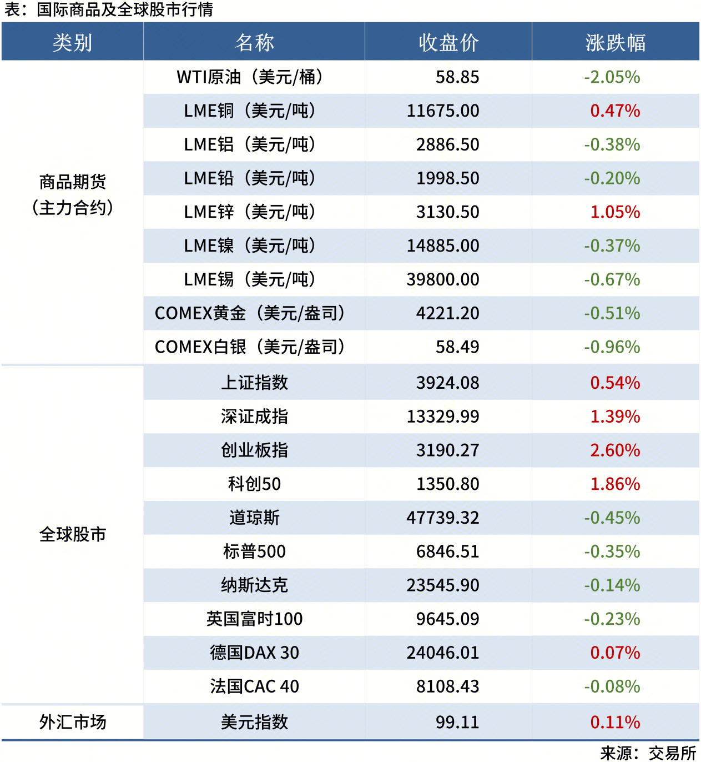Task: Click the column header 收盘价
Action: pos(448,42)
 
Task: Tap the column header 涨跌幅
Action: pos(615,42)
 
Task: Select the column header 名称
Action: pos(254,42)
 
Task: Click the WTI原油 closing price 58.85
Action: pos(457,77)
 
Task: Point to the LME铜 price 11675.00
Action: pos(443,111)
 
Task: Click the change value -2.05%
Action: pos(612,77)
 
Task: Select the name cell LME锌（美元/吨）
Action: pos(250,212)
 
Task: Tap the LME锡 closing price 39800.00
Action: pos(443,279)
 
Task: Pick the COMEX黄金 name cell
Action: pos(250,313)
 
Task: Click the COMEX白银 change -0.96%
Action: pos(612,347)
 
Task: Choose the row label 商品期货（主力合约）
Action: pos(72,194)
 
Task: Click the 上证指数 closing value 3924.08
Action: pos(447,383)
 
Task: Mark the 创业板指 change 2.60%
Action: pos(615,450)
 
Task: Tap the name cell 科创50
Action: pos(254,484)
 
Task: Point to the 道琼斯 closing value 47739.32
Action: pos(443,518)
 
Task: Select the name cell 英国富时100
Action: pos(254,619)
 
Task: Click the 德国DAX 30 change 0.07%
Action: pos(615,653)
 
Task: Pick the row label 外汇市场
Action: pos(72,722)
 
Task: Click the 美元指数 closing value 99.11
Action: pos(457,722)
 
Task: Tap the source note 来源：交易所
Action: pos(648,753)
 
